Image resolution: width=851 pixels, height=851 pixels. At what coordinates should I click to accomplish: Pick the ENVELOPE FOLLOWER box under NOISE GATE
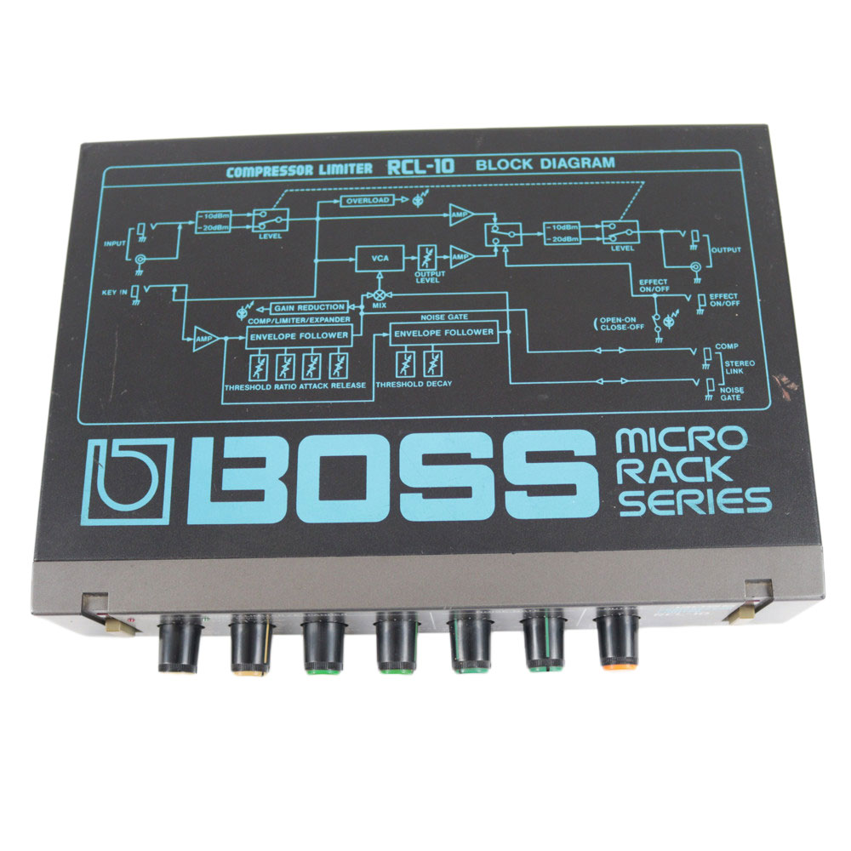coord(443,333)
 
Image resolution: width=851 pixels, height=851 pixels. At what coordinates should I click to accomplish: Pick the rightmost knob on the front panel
coord(617,637)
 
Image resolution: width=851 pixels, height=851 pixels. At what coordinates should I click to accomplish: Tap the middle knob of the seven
coord(396,643)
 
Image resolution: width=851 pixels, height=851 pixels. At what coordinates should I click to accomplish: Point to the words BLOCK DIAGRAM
coord(545,163)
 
